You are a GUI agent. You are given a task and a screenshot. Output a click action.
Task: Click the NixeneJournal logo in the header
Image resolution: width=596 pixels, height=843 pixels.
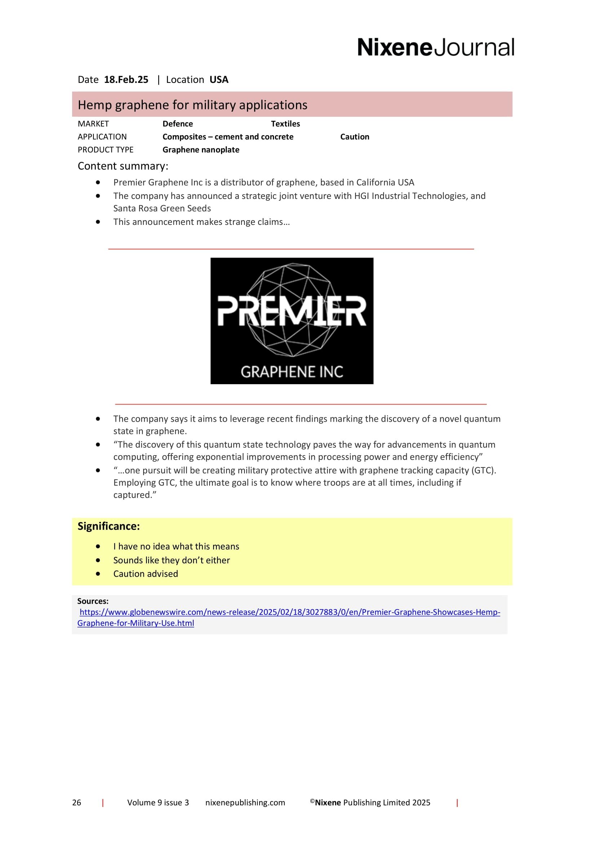(436, 47)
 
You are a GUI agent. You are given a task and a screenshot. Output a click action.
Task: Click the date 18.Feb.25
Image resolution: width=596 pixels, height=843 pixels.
(126, 80)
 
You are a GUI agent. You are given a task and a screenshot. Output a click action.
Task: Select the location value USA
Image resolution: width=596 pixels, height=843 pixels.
(219, 80)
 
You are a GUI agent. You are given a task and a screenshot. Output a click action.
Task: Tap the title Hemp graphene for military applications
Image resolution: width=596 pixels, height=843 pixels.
(193, 105)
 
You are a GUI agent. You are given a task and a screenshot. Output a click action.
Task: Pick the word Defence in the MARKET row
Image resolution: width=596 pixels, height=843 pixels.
(177, 124)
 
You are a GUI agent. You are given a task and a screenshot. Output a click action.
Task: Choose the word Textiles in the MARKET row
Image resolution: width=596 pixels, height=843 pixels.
(285, 124)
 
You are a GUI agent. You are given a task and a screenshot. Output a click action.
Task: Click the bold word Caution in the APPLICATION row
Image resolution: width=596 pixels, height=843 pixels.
(354, 137)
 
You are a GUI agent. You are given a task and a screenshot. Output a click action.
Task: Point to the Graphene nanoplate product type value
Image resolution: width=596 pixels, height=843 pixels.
(201, 150)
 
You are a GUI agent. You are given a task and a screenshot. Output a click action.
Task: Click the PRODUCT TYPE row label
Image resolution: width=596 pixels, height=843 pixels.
(105, 150)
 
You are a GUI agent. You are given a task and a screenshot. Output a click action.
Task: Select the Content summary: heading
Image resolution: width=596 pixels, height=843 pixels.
(123, 166)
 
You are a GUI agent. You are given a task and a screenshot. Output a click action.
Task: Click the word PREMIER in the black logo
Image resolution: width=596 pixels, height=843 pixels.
(292, 311)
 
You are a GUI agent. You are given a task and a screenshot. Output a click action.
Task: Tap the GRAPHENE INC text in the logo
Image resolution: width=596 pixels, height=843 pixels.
(292, 372)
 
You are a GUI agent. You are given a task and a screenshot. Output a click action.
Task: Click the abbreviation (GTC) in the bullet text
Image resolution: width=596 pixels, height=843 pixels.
(483, 470)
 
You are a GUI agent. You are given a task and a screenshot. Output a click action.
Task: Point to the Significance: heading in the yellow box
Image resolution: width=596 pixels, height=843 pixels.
(108, 526)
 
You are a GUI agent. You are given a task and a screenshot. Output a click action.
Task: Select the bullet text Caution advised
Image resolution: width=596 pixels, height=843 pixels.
(145, 573)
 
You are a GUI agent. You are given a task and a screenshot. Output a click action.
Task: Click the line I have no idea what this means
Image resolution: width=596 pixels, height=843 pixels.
(176, 546)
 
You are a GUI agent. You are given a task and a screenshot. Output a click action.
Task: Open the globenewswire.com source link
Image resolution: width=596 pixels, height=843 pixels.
(290, 612)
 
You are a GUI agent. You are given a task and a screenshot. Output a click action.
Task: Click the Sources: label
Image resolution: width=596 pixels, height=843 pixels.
(93, 601)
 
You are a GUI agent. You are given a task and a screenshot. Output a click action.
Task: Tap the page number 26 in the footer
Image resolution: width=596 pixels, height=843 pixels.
(76, 802)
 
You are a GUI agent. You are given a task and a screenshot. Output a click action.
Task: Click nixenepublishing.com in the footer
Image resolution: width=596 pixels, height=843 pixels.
(245, 802)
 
